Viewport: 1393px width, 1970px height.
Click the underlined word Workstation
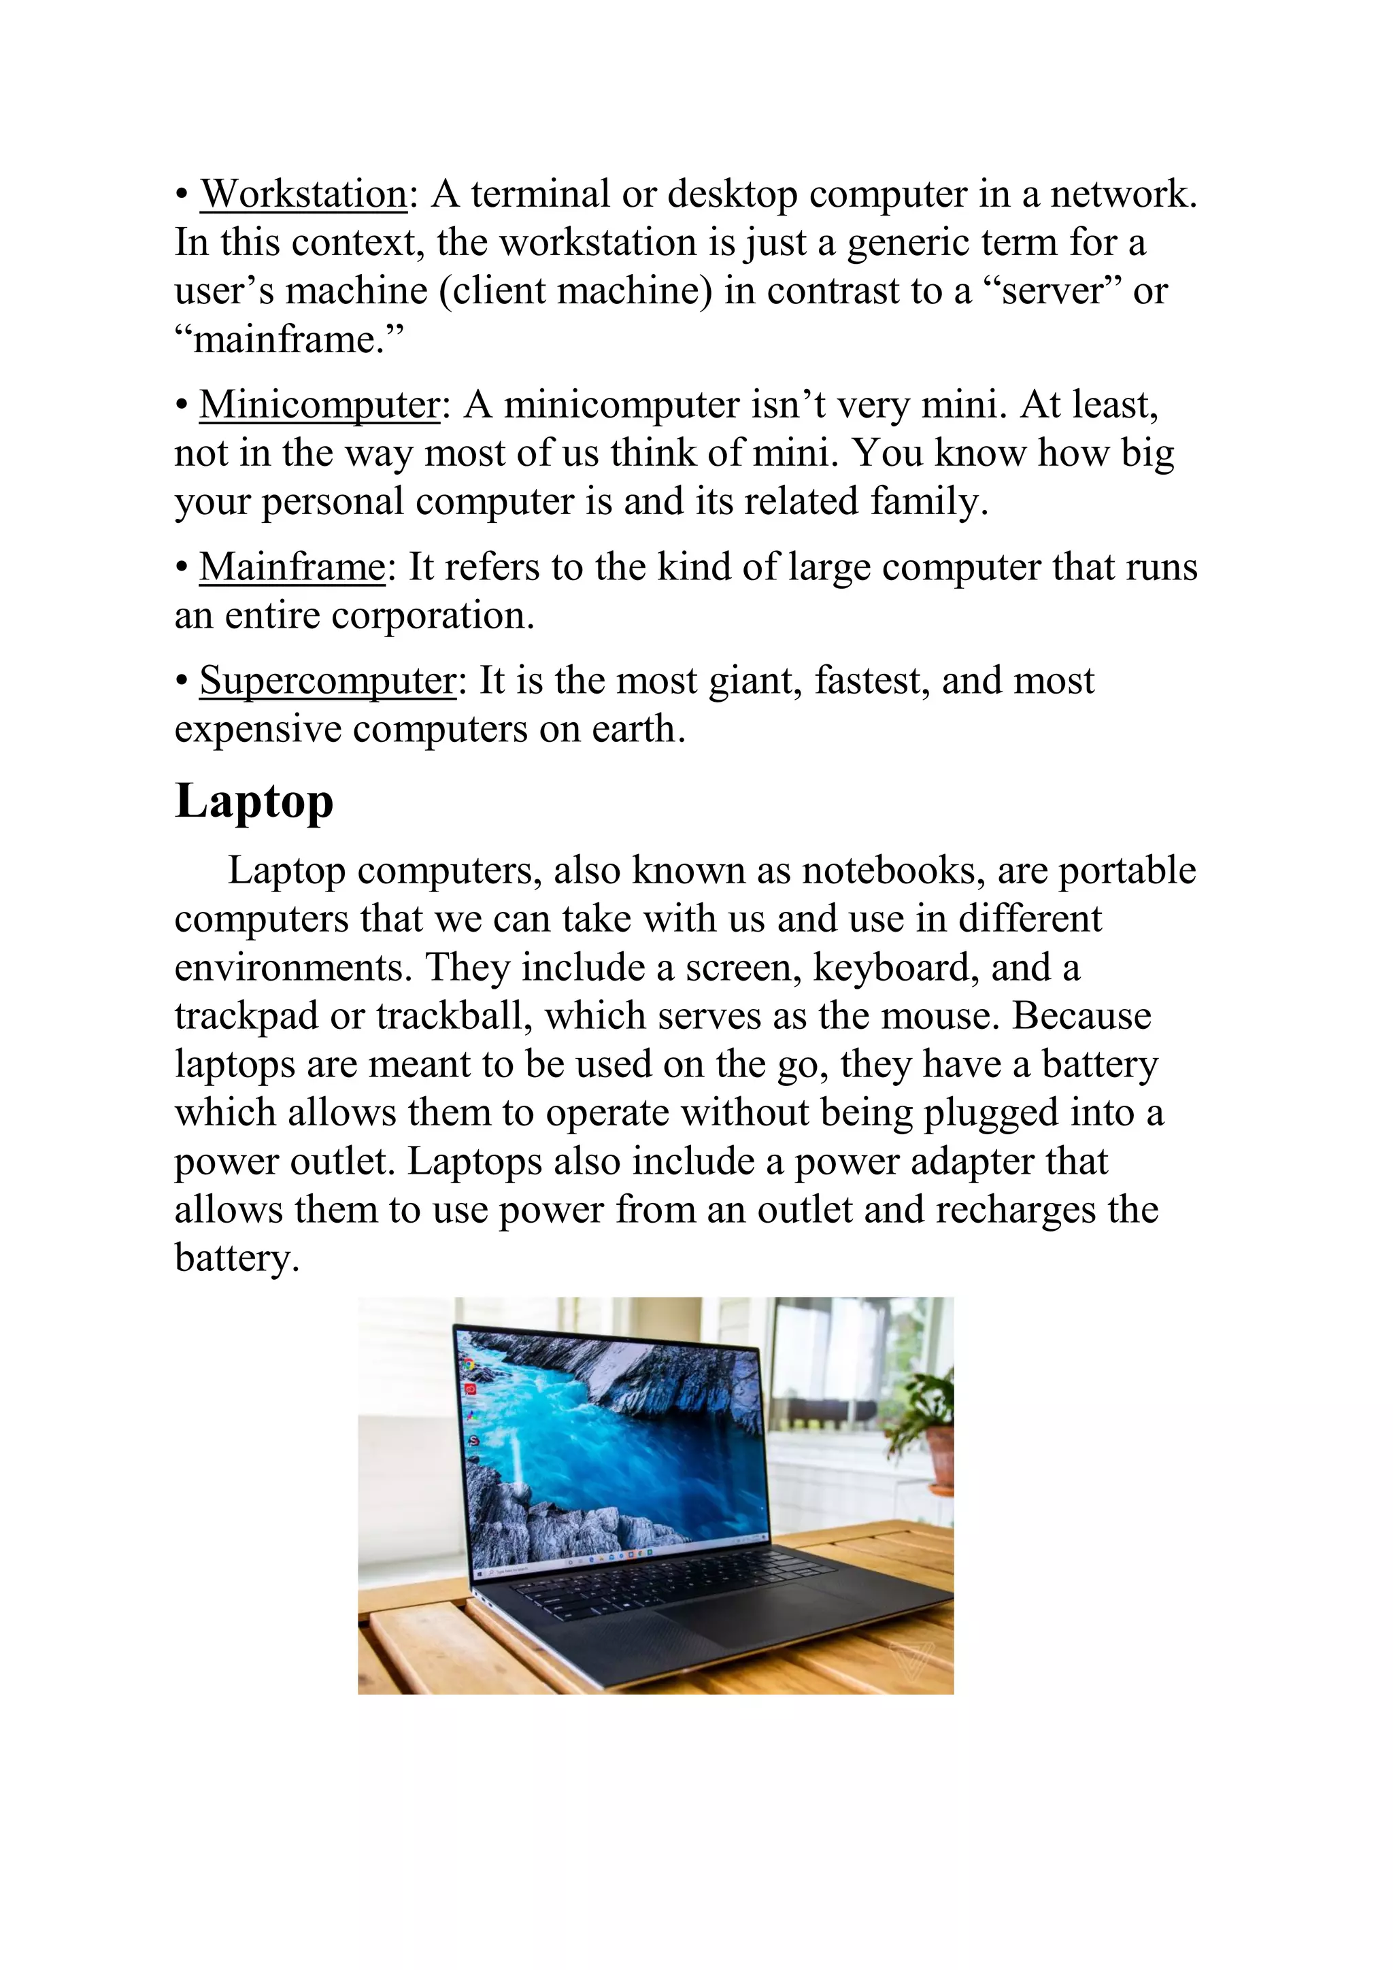pos(303,194)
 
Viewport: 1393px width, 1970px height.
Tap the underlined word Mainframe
pos(292,567)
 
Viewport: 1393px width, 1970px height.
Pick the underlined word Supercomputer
pos(328,681)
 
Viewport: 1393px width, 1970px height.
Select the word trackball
pos(450,1017)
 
